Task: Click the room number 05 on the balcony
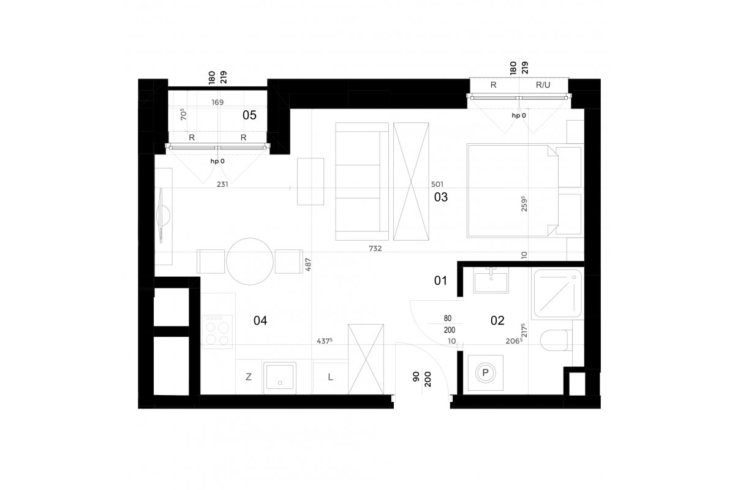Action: coord(249,115)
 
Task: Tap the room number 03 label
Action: coord(440,197)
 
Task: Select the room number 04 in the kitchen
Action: coord(260,321)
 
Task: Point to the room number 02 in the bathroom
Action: coord(497,321)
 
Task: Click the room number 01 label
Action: coord(440,281)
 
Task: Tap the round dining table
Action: coord(250,262)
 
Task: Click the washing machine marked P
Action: coord(485,373)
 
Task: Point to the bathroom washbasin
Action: coord(491,280)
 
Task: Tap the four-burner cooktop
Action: coord(217,332)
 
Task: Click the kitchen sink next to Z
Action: coord(279,378)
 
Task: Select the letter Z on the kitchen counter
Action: coord(249,377)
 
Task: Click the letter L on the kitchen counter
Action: coord(330,377)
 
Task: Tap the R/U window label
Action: coord(543,85)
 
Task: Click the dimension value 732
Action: coord(375,249)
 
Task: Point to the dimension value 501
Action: coord(437,184)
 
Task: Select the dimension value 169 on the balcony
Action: coord(217,102)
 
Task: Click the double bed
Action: coord(513,190)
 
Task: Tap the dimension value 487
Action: coord(307,265)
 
